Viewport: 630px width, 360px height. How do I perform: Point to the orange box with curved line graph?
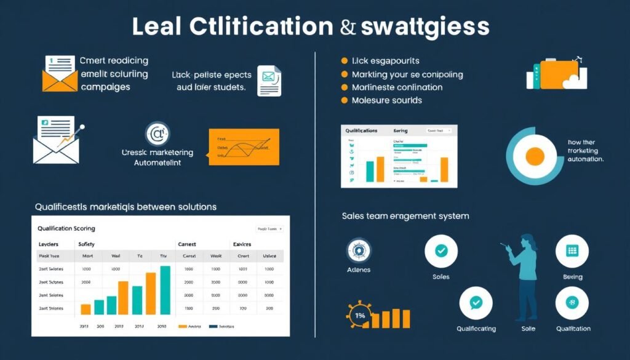pos(244,146)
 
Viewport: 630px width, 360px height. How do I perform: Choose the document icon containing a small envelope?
pos(269,81)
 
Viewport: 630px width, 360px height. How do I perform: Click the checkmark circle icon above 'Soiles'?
pos(441,251)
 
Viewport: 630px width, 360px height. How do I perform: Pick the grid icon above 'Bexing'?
pos(572,251)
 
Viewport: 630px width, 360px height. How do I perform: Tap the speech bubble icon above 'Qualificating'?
pos(476,303)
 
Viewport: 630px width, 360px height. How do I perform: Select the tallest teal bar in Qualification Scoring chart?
pos(165,290)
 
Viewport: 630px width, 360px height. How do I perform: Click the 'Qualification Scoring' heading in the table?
pos(66,228)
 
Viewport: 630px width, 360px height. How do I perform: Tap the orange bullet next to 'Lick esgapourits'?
pos(345,61)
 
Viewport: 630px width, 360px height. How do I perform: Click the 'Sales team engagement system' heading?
pos(405,216)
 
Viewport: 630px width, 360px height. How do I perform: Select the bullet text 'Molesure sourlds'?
pos(386,100)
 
